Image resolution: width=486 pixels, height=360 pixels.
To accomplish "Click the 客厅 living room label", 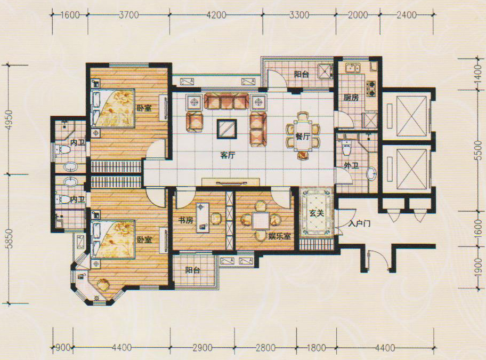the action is click(228, 155).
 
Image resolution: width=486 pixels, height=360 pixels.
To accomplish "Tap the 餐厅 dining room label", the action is click(303, 136).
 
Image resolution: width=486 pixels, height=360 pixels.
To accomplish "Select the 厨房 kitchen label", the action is click(351, 98).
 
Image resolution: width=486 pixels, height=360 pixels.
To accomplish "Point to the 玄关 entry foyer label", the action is click(317, 213).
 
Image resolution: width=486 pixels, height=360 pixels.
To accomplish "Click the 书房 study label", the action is click(185, 220).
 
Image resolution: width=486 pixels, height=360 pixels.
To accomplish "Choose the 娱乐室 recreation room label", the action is click(279, 236).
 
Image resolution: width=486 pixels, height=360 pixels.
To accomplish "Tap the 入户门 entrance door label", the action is click(359, 223).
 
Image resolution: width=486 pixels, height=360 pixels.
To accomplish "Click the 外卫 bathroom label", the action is click(351, 165).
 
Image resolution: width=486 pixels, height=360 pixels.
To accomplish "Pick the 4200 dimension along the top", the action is click(216, 15).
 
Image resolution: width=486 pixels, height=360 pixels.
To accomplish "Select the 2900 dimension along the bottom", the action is click(203, 348).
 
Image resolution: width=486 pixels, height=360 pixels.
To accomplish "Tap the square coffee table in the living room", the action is click(227, 129).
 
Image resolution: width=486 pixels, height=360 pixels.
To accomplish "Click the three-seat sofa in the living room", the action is click(226, 101).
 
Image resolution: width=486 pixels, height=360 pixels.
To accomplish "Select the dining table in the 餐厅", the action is click(303, 136).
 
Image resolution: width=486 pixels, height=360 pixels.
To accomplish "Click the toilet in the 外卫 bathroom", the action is click(346, 148).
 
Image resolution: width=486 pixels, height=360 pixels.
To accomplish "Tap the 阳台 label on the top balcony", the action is click(301, 74).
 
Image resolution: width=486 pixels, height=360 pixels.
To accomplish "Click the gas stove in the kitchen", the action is click(371, 88).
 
